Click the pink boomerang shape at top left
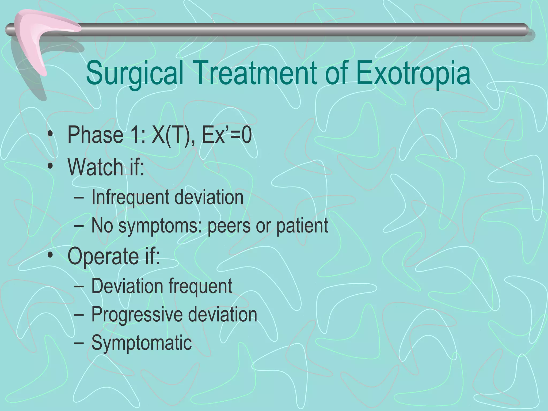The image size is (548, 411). click(x=37, y=40)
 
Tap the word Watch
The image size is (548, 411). click(x=95, y=167)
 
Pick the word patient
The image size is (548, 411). click(x=302, y=226)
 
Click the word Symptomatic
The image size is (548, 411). click(x=142, y=343)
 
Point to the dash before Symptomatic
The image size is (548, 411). click(x=78, y=343)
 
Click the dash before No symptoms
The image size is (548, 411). click(x=78, y=226)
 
